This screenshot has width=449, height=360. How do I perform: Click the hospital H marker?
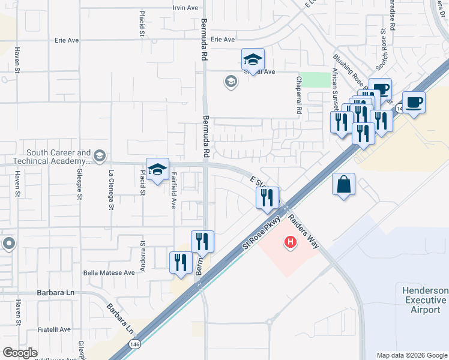[x=291, y=242]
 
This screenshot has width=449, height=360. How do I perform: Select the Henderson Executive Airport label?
[x=424, y=300]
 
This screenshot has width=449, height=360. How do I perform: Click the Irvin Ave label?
[x=185, y=8]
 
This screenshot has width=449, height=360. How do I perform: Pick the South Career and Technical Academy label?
[x=58, y=157]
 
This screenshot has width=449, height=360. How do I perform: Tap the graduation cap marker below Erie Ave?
[x=253, y=59]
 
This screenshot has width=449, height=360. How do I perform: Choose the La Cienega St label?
[x=111, y=189]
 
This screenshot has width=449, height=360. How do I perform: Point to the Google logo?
[x=20, y=353]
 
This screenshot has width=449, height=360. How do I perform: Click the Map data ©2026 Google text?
[x=411, y=355]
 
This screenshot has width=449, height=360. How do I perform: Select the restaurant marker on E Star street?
[x=267, y=198]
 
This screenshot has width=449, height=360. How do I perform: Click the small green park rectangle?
[x=310, y=80]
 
